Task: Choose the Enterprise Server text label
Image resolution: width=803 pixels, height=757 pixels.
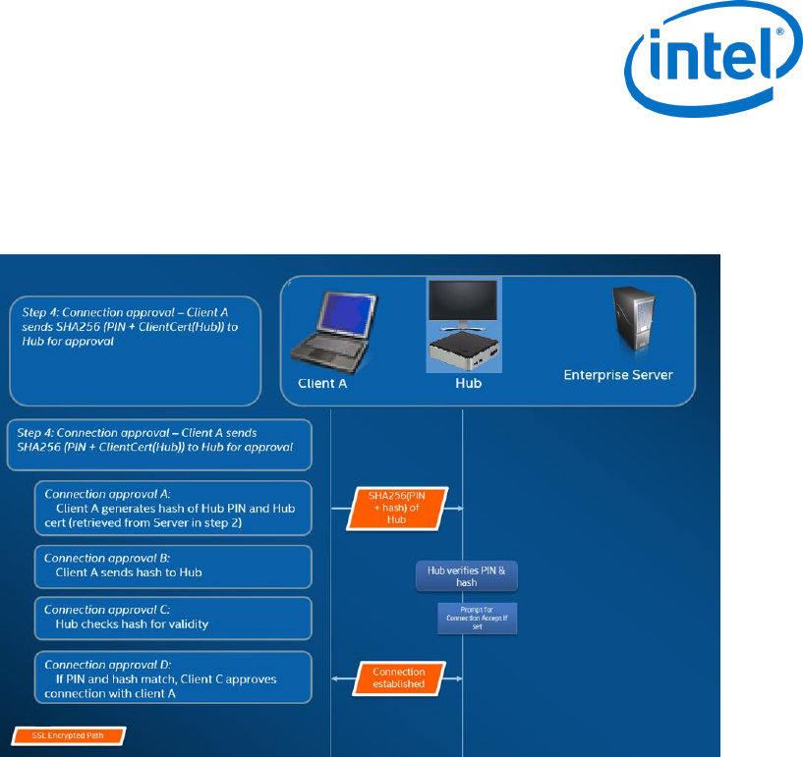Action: (617, 374)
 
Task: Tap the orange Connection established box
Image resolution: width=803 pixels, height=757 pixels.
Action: (398, 677)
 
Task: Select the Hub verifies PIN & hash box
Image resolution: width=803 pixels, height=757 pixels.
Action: (467, 575)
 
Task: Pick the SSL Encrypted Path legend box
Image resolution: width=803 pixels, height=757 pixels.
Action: (71, 734)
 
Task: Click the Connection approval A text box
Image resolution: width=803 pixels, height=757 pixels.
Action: (172, 507)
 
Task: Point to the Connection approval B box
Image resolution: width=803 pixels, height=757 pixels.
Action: (172, 566)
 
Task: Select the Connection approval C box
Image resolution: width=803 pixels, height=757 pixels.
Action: (172, 619)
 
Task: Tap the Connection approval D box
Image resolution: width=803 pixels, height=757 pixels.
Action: (172, 677)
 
